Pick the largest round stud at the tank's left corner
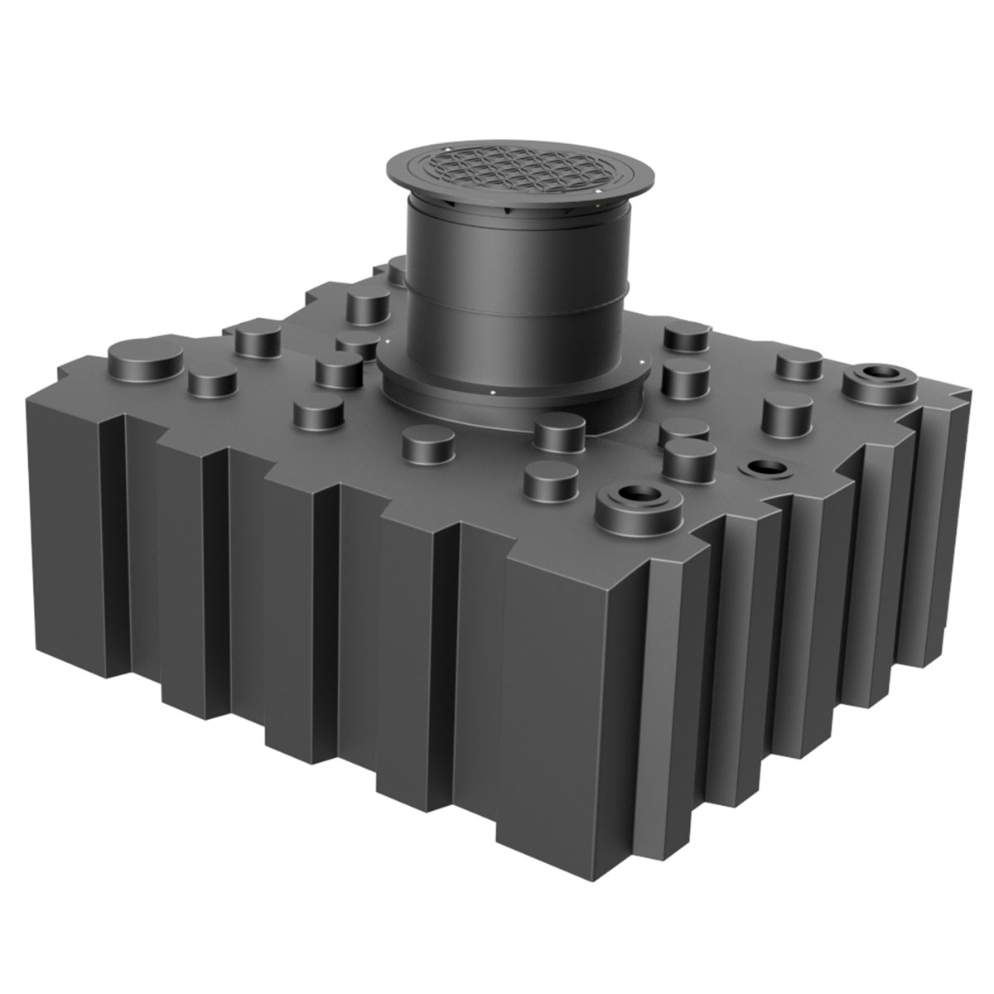(x=146, y=358)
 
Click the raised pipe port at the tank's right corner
(x=880, y=382)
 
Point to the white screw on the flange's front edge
(x=492, y=393)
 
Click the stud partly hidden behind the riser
(x=397, y=269)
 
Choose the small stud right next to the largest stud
(x=212, y=379)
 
